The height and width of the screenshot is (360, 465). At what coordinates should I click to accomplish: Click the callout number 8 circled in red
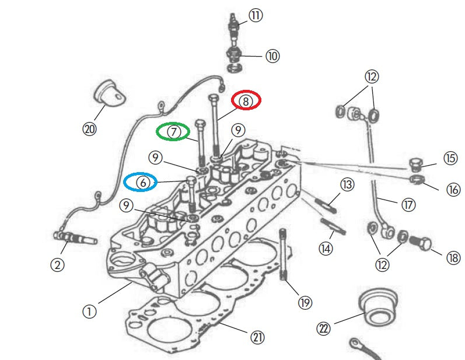point(246,100)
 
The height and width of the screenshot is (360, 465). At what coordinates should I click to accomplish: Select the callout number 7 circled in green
point(172,132)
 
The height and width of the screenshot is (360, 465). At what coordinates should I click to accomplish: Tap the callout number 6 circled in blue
point(141,182)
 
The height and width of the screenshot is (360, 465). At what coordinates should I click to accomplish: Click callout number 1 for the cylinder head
point(89,312)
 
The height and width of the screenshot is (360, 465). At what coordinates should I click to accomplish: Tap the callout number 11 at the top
point(256,16)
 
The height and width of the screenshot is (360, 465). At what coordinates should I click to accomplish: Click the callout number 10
point(272,56)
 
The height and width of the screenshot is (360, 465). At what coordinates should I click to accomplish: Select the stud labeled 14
point(333,225)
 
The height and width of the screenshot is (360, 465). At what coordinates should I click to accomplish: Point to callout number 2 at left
point(57,265)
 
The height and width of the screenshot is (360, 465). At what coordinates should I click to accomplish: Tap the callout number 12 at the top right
point(372,76)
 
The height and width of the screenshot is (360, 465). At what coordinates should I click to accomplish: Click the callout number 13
point(347,185)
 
